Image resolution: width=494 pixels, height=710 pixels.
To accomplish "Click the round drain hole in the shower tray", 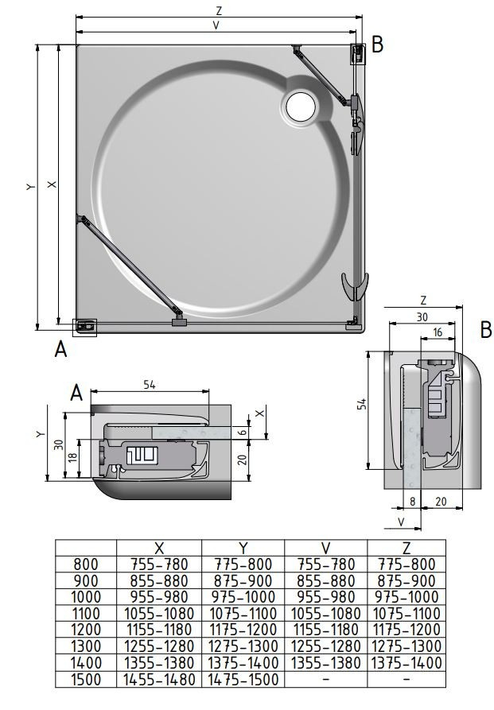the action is click(301, 107).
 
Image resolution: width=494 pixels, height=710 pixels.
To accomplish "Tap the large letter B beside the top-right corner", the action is click(377, 45).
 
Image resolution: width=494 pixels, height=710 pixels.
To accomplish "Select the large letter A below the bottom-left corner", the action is click(60, 349).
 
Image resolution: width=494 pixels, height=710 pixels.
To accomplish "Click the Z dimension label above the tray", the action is click(220, 10).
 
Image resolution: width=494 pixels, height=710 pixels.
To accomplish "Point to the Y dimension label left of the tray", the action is click(30, 186).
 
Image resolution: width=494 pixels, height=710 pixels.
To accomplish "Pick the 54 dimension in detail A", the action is click(150, 385).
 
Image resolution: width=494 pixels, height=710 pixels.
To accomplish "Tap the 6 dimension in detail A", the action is click(243, 432).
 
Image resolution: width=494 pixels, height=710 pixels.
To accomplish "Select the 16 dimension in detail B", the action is click(437, 332).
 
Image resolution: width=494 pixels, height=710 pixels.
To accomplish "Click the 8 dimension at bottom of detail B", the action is click(412, 501).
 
